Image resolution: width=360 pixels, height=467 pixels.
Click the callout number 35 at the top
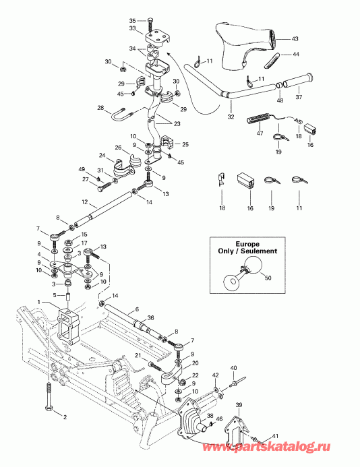[x=132, y=21]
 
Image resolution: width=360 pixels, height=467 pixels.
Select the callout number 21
[x=138, y=355]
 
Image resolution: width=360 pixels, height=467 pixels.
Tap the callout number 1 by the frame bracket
[x=40, y=301]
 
